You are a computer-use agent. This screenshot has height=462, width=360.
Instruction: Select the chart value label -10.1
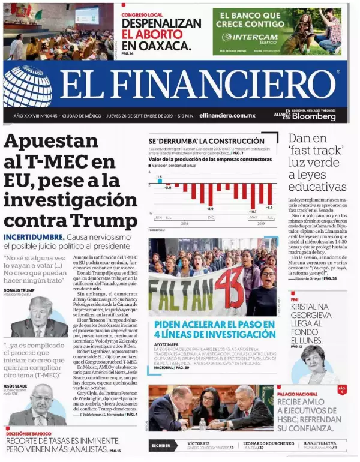click(x=253, y=211)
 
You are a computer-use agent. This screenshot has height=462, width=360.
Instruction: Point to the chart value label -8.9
click(x=211, y=209)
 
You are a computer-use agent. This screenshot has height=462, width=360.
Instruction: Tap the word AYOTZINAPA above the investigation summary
click(x=167, y=345)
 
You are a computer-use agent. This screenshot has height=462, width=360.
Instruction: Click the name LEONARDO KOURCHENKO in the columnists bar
click(x=269, y=443)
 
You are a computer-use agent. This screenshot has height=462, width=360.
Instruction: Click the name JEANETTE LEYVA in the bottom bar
click(x=321, y=443)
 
